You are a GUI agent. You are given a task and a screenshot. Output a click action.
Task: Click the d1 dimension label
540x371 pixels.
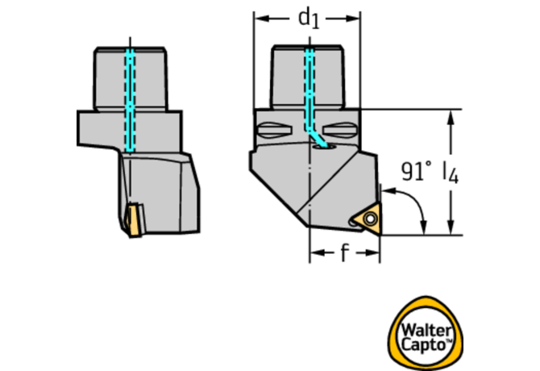(308, 17)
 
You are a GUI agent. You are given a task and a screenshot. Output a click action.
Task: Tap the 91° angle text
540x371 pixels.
(417, 171)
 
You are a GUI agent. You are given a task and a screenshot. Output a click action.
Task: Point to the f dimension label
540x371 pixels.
(344, 254)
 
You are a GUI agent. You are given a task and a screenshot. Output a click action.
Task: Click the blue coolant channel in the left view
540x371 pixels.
(129, 97)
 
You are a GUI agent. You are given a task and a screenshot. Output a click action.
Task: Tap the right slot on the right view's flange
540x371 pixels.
(342, 130)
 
